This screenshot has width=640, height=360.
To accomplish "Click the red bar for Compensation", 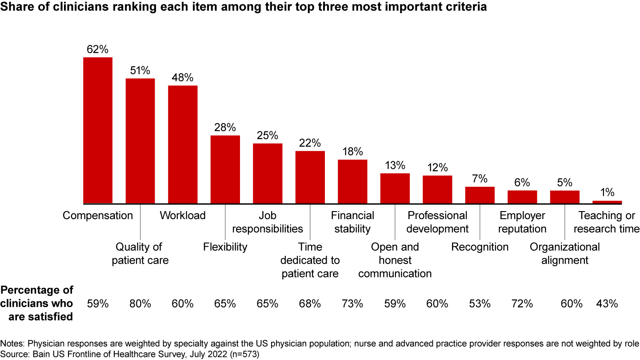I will [x=98, y=130].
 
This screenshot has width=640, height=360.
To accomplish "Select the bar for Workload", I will [x=183, y=144].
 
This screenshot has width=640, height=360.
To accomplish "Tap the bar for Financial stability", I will [x=352, y=181].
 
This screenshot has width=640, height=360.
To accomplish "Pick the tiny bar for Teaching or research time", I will [x=607, y=202].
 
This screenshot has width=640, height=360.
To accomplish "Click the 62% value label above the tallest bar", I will [x=98, y=49].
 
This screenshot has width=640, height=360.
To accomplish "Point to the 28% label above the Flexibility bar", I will [x=225, y=128].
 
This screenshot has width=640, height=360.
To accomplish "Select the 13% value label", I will [x=395, y=165].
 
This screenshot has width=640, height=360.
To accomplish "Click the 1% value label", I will [x=607, y=192].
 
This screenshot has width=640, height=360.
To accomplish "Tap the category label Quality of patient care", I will [x=140, y=253].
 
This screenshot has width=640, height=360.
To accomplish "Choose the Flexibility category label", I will [x=225, y=247].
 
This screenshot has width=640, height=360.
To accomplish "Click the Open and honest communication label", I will [x=395, y=260].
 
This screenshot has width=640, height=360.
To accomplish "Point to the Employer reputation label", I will [x=523, y=222].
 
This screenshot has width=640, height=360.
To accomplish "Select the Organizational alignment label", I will [x=565, y=253].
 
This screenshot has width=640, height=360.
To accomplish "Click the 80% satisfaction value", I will [x=140, y=304].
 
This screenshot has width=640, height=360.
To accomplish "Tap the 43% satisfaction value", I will [x=607, y=304].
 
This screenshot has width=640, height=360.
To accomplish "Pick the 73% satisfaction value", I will [x=352, y=304].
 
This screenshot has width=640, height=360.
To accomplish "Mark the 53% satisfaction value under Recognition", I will [x=480, y=304].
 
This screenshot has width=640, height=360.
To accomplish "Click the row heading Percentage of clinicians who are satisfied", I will [x=37, y=304].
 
